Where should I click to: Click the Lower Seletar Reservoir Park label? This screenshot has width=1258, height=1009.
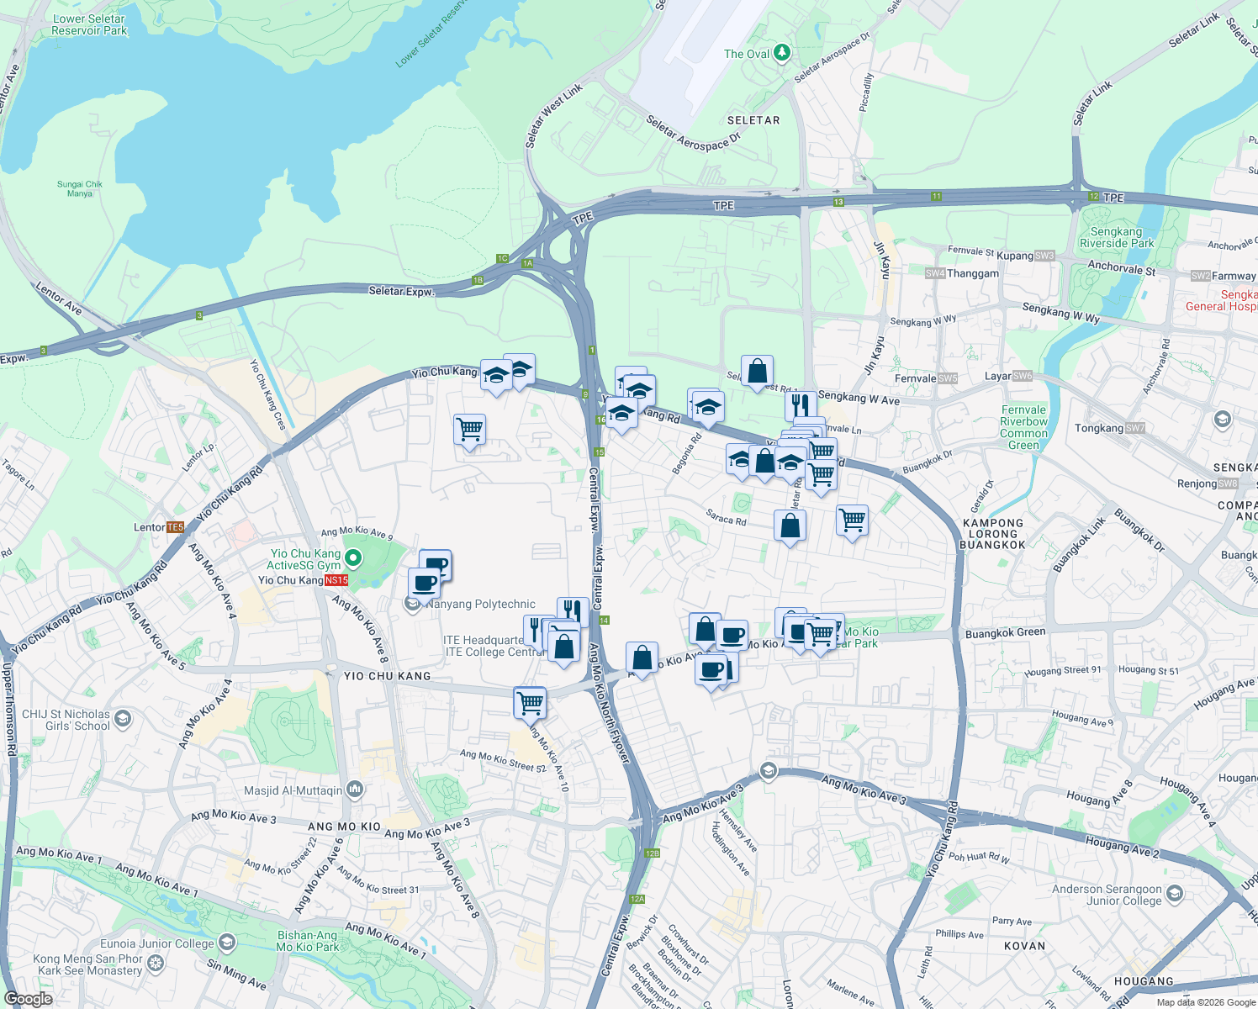click(x=88, y=24)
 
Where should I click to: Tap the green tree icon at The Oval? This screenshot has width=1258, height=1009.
click(x=782, y=53)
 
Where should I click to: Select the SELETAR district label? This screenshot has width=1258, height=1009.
click(x=753, y=120)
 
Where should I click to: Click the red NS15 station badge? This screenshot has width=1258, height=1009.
click(x=336, y=580)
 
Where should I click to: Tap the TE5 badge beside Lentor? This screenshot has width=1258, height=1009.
click(x=175, y=527)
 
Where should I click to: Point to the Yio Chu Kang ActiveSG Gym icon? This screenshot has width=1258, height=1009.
click(x=354, y=557)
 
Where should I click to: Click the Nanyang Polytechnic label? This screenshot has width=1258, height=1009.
click(x=480, y=604)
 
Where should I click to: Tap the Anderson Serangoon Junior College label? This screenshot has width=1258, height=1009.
click(x=1107, y=895)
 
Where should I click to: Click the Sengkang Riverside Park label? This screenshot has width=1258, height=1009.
click(x=1117, y=237)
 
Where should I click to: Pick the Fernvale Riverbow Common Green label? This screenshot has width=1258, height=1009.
click(x=1023, y=427)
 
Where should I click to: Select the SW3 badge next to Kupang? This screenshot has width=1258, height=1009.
click(x=1044, y=256)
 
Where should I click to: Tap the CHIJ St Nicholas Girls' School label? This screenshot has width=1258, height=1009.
click(x=66, y=720)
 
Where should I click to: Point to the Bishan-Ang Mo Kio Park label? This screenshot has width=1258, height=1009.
click(x=307, y=941)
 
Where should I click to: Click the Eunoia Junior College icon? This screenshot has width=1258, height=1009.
click(x=226, y=942)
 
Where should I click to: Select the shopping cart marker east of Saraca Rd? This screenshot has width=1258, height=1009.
click(x=852, y=520)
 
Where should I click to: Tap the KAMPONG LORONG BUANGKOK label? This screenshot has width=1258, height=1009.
click(x=993, y=534)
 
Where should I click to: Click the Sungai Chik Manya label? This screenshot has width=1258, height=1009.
click(x=80, y=188)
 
